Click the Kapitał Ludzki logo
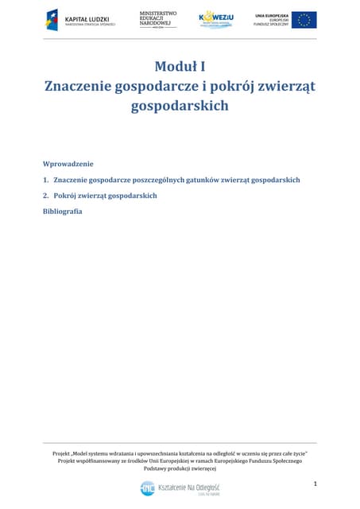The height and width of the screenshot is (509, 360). pos(80,19)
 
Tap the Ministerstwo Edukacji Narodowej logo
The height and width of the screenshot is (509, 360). pos(157,19)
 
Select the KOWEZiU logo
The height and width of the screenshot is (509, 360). pos(216,19)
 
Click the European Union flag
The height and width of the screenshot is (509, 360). pos(303,19)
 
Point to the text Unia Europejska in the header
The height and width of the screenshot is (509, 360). pos(270,15)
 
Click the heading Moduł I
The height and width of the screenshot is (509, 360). pos(180,66)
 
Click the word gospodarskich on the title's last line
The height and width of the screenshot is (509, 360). pos(180,105)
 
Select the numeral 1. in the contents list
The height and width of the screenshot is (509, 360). pos(46,180)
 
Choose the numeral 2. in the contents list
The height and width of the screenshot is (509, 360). pos(46,195)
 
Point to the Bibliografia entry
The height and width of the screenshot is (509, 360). pos(63,211)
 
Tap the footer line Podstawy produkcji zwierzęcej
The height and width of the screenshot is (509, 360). pos(180,468)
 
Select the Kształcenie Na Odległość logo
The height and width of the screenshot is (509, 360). pos(180,488)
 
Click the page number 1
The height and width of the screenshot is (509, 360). pos(315,484)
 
